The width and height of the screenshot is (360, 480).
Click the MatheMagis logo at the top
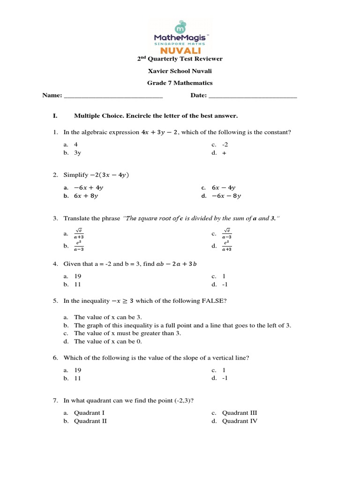[x=180, y=37]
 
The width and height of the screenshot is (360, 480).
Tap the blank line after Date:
[x=252, y=97]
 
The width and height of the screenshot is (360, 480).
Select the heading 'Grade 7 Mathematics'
[x=180, y=83]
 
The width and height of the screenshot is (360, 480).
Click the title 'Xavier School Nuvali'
[x=180, y=71]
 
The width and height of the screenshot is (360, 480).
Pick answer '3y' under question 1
[x=78, y=153]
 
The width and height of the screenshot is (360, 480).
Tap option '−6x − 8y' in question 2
[x=226, y=196]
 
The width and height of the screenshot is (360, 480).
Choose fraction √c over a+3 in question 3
[x=79, y=233]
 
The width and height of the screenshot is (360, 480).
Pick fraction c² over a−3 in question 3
[x=79, y=246]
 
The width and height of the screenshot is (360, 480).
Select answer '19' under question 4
[x=78, y=276]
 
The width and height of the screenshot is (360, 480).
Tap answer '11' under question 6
[x=78, y=378]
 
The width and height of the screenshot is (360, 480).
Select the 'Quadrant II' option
[x=90, y=421]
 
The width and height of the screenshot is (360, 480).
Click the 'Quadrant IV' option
[x=240, y=421]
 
